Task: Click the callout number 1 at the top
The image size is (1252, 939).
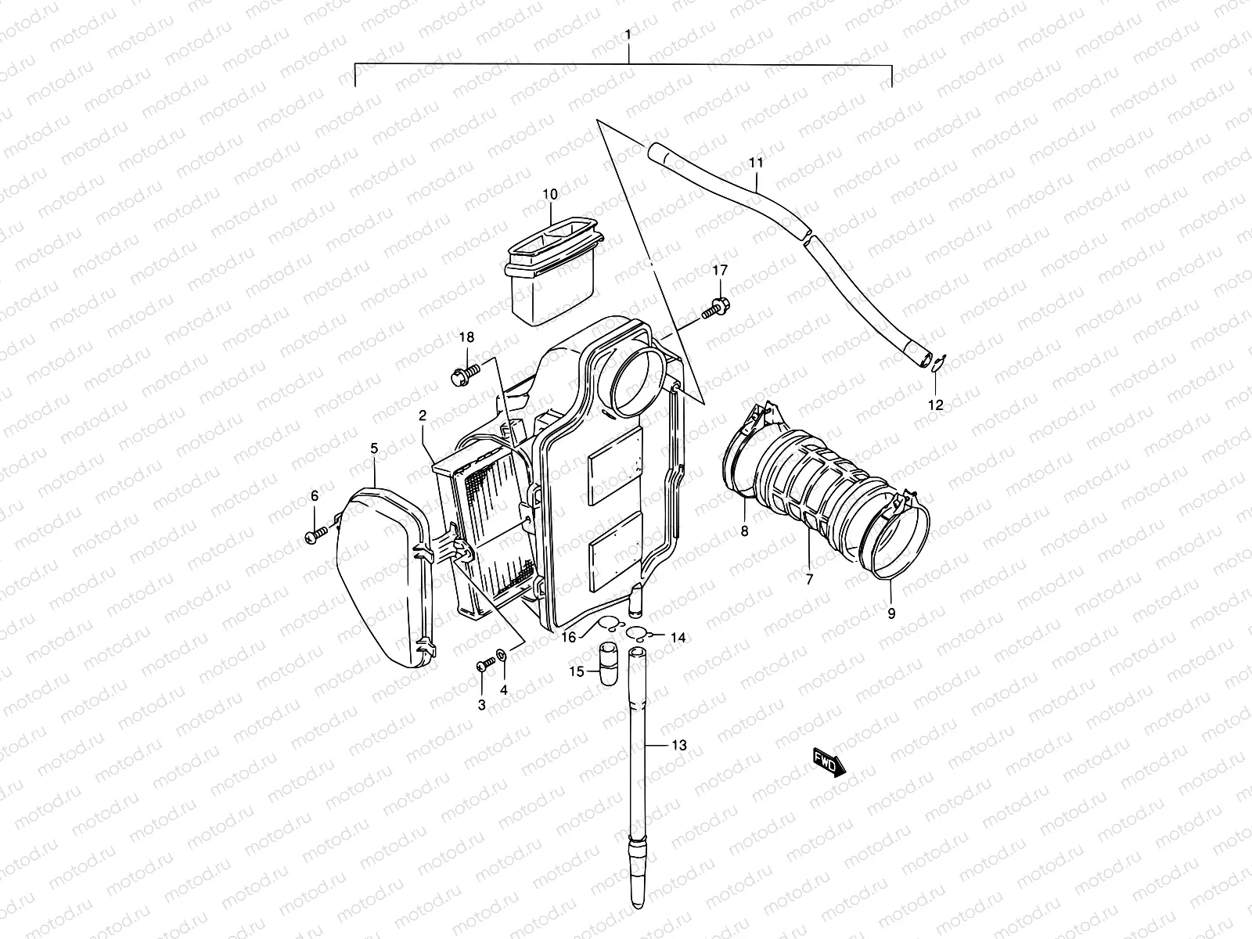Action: coord(628,36)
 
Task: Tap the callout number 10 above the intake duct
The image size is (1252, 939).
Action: coord(549,194)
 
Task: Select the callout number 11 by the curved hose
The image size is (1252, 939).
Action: coord(755,163)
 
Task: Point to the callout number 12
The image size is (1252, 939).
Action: coord(936,405)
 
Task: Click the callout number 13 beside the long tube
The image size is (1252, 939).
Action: coord(678,745)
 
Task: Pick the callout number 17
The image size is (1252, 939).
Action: coord(719,270)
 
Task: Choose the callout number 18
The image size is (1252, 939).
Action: coord(488,337)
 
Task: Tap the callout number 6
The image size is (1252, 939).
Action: coord(315,495)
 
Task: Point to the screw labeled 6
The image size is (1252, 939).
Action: coord(316,535)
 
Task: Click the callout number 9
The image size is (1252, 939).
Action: coord(891,613)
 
